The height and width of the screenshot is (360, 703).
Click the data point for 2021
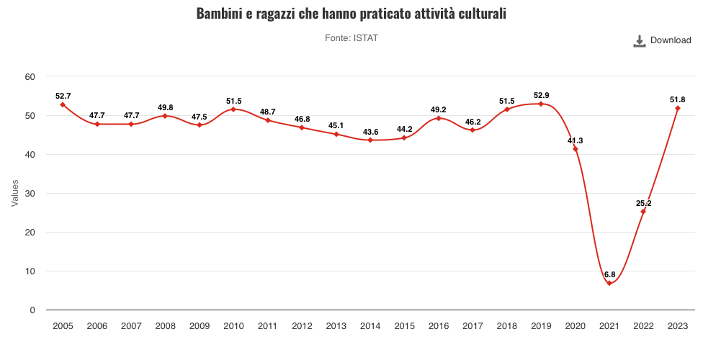(x=609, y=284)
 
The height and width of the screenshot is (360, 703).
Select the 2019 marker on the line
(x=541, y=104)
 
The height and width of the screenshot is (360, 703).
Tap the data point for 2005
(x=63, y=104)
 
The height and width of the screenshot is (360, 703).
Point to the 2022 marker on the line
(x=643, y=212)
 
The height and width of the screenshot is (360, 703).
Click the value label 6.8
(x=609, y=275)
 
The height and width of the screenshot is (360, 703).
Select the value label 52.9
(x=541, y=95)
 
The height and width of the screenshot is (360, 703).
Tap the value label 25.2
(x=643, y=203)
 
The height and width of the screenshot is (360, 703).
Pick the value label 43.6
(x=370, y=131)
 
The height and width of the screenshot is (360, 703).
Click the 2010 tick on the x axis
(x=233, y=326)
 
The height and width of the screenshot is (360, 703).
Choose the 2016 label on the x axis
(x=439, y=326)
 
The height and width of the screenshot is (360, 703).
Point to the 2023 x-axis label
(x=678, y=326)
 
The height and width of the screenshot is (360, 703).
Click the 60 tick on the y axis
(x=30, y=77)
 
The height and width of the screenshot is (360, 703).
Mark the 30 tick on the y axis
(x=30, y=194)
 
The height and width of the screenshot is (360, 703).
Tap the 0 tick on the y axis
(x=32, y=310)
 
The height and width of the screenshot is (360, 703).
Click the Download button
(x=662, y=40)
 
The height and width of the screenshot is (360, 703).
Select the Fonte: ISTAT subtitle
(x=351, y=38)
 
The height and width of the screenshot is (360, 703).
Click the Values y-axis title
(x=14, y=193)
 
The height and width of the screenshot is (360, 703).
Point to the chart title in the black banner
(x=351, y=12)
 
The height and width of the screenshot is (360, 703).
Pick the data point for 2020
(x=575, y=149)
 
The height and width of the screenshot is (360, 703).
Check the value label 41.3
(x=575, y=140)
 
